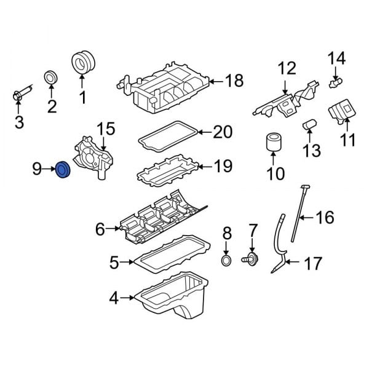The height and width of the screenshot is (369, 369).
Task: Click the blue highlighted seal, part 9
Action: pos(63,170)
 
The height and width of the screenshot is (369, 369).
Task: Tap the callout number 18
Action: pos(234,81)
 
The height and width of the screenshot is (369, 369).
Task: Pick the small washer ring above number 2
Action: pos(51,78)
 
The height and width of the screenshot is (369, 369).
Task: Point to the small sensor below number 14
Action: pos(335,81)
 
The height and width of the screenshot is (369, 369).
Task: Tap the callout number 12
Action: pos(287,69)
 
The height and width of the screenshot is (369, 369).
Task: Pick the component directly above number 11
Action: pos(343,113)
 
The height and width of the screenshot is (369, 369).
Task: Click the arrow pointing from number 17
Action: pos(293,264)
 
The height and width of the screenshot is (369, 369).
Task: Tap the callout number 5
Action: pos(114,263)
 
